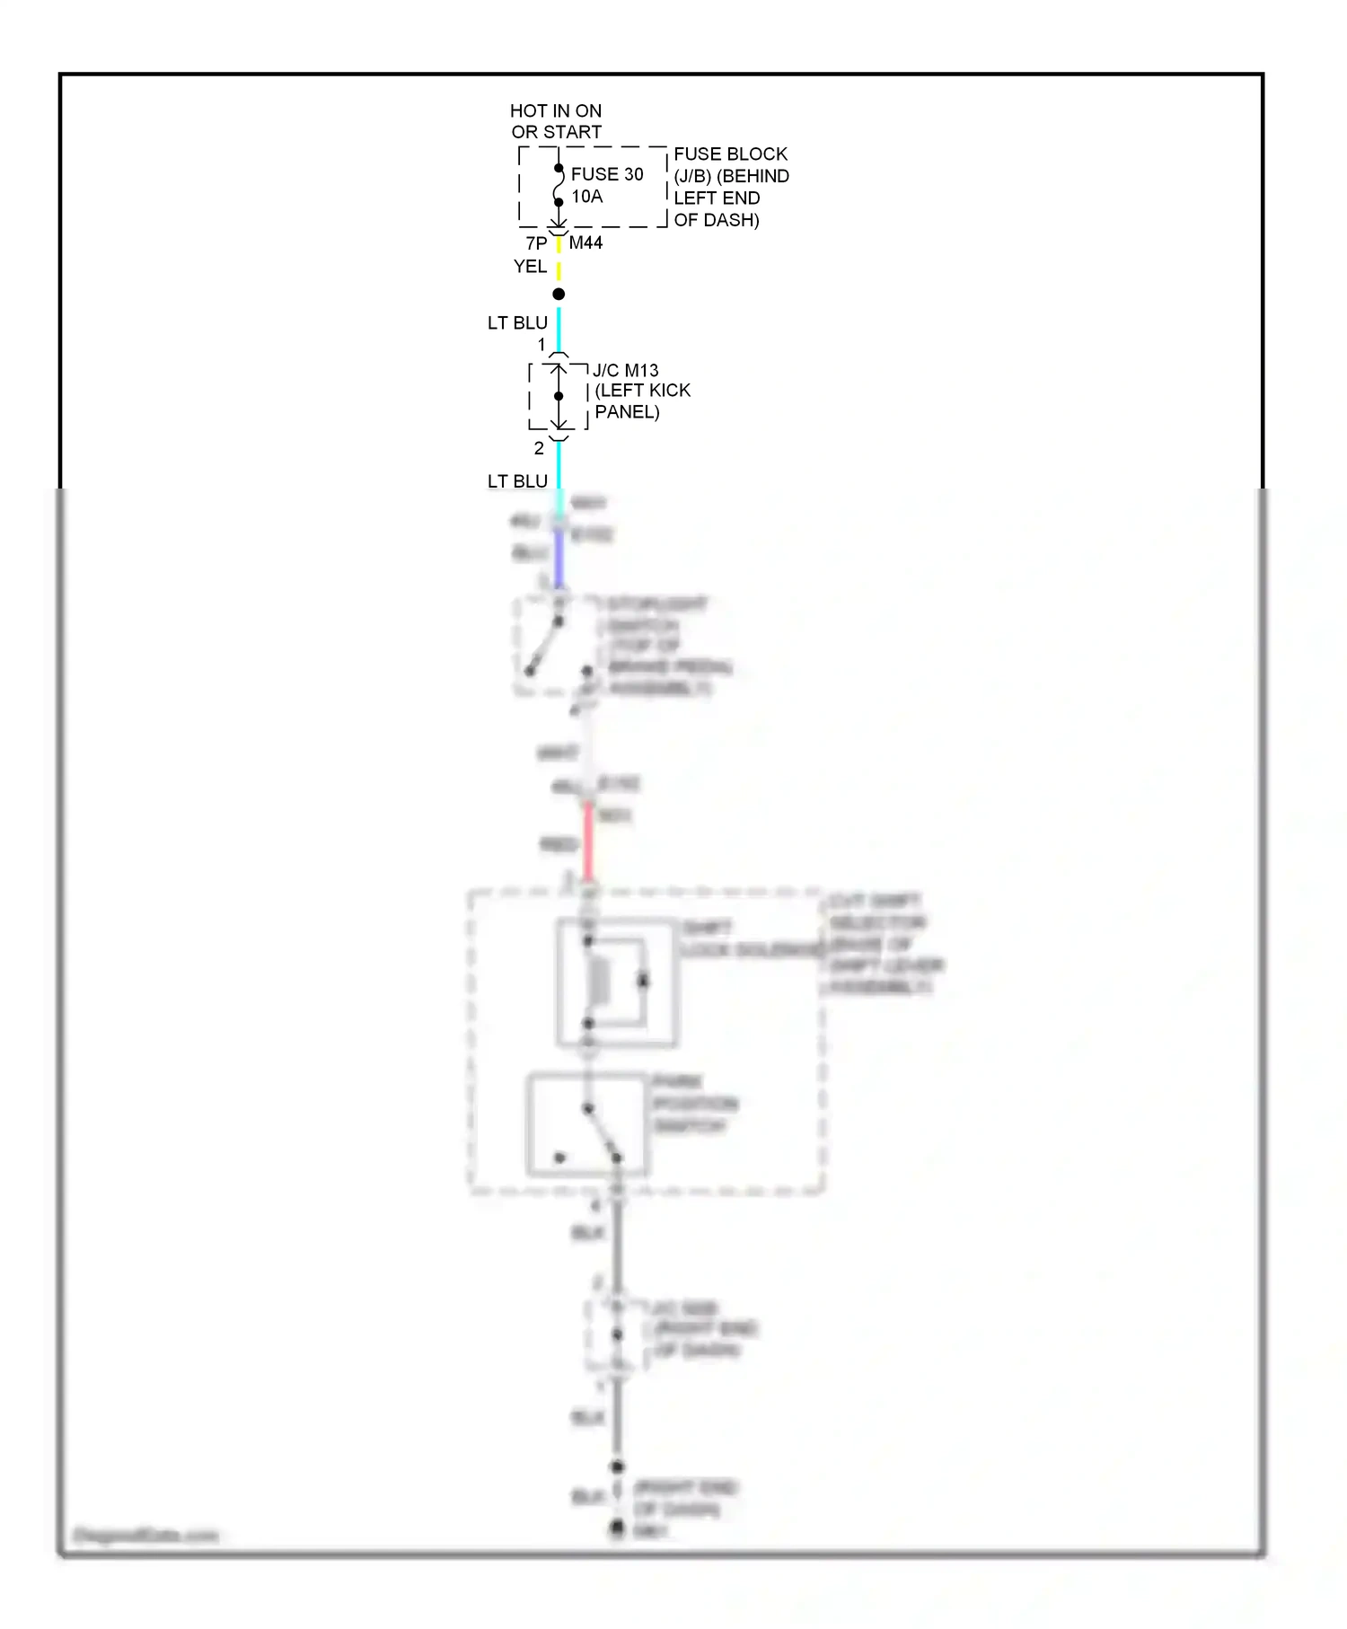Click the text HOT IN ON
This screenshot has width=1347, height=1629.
coord(555,110)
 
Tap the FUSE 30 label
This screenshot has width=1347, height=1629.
coord(607,174)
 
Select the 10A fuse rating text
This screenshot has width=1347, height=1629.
coord(586,197)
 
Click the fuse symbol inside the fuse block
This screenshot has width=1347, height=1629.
coord(558,185)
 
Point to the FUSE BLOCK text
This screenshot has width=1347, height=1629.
coord(729,154)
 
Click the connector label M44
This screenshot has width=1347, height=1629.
coord(585,242)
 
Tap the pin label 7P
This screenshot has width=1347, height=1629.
coord(536,243)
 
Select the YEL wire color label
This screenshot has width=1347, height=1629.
coord(530,266)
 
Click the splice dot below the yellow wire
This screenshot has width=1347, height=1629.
coord(559,295)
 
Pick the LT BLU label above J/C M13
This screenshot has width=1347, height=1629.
coord(517,322)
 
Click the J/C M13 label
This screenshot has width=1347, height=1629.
coord(625,370)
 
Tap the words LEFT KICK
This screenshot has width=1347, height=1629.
coord(643,391)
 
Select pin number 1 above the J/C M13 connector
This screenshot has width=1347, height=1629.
coord(541,345)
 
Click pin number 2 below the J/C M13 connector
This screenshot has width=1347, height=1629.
coord(539,448)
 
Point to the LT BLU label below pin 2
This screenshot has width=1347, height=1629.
coord(517,481)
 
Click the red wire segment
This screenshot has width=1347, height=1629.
coord(588,842)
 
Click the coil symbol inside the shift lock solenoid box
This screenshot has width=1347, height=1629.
coord(598,981)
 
